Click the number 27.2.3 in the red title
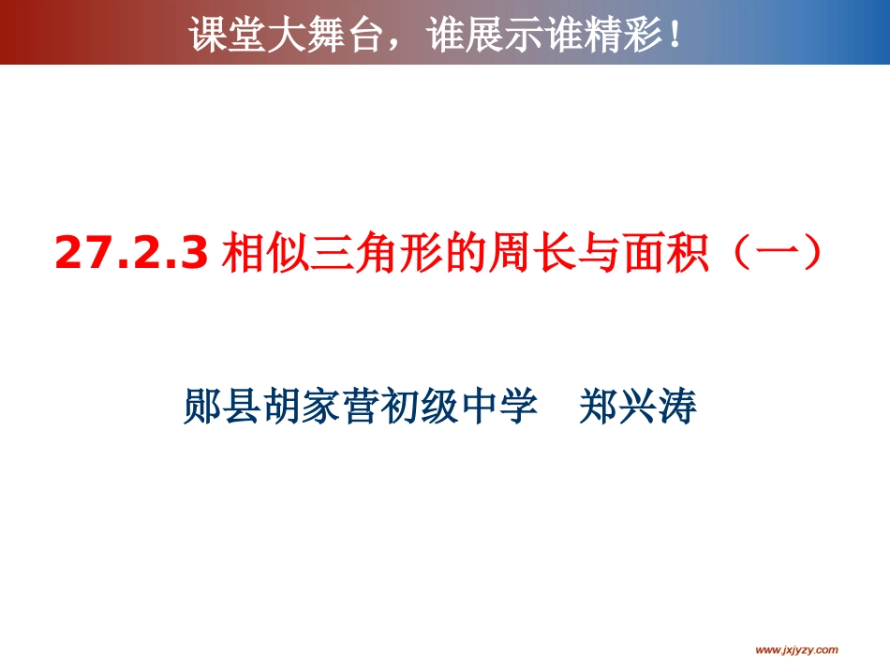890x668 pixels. pos(131,254)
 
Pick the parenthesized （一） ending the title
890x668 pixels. pos(765,254)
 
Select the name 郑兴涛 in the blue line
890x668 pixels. pos(639,408)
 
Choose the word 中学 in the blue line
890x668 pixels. pos(503,408)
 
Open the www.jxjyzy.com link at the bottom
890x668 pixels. pos(796,649)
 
